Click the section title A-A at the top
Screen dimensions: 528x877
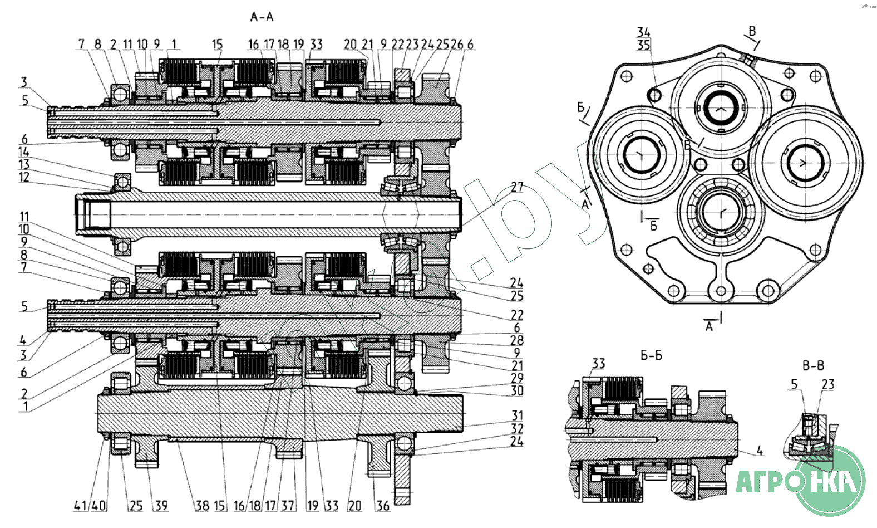(x=262, y=17)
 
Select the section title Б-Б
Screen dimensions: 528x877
(x=651, y=355)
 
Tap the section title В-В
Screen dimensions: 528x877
(x=813, y=366)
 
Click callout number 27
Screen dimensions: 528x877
(x=517, y=187)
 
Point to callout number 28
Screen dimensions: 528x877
(x=517, y=340)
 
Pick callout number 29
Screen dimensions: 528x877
(x=517, y=378)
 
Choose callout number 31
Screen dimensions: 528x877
(x=518, y=415)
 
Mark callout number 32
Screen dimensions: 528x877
(x=517, y=428)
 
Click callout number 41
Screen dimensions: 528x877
(x=81, y=506)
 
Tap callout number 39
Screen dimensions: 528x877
(x=161, y=506)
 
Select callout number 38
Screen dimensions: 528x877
(x=202, y=506)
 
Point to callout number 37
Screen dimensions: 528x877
(x=288, y=506)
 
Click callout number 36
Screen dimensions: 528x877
(x=383, y=506)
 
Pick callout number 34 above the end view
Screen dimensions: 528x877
(x=644, y=32)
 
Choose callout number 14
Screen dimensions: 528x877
(x=23, y=151)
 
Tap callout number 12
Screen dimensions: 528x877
(x=23, y=177)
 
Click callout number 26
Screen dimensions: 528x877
(x=457, y=44)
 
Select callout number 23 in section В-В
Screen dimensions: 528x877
(x=828, y=384)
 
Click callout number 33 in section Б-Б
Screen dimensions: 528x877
(x=598, y=364)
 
